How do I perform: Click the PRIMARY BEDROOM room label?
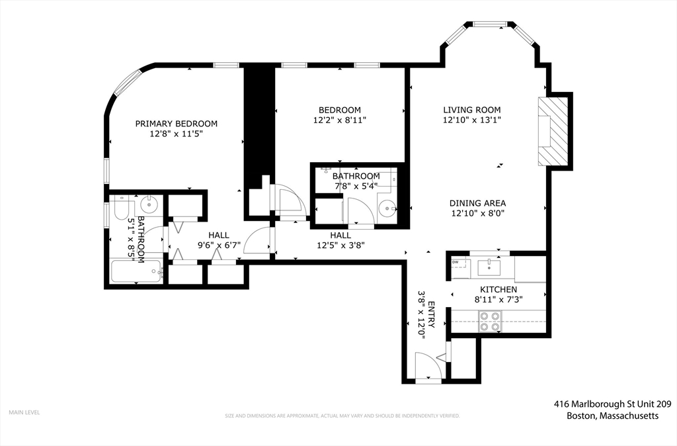coord(176,124)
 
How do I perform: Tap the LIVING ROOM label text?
coord(472,110)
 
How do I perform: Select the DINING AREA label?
coord(477,203)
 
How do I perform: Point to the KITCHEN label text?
coord(498,290)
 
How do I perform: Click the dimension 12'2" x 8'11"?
coord(340,120)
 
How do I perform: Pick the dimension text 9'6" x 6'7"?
coord(219,245)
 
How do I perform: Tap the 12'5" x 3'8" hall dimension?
coord(340,245)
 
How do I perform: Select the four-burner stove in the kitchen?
coord(490,321)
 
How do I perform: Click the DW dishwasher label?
coord(455,262)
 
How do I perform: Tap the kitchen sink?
coord(489,267)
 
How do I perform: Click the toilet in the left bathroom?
coord(122,208)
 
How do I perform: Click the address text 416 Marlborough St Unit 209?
coord(613,404)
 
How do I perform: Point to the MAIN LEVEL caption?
coord(24,412)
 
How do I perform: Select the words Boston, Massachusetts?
coord(613,416)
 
